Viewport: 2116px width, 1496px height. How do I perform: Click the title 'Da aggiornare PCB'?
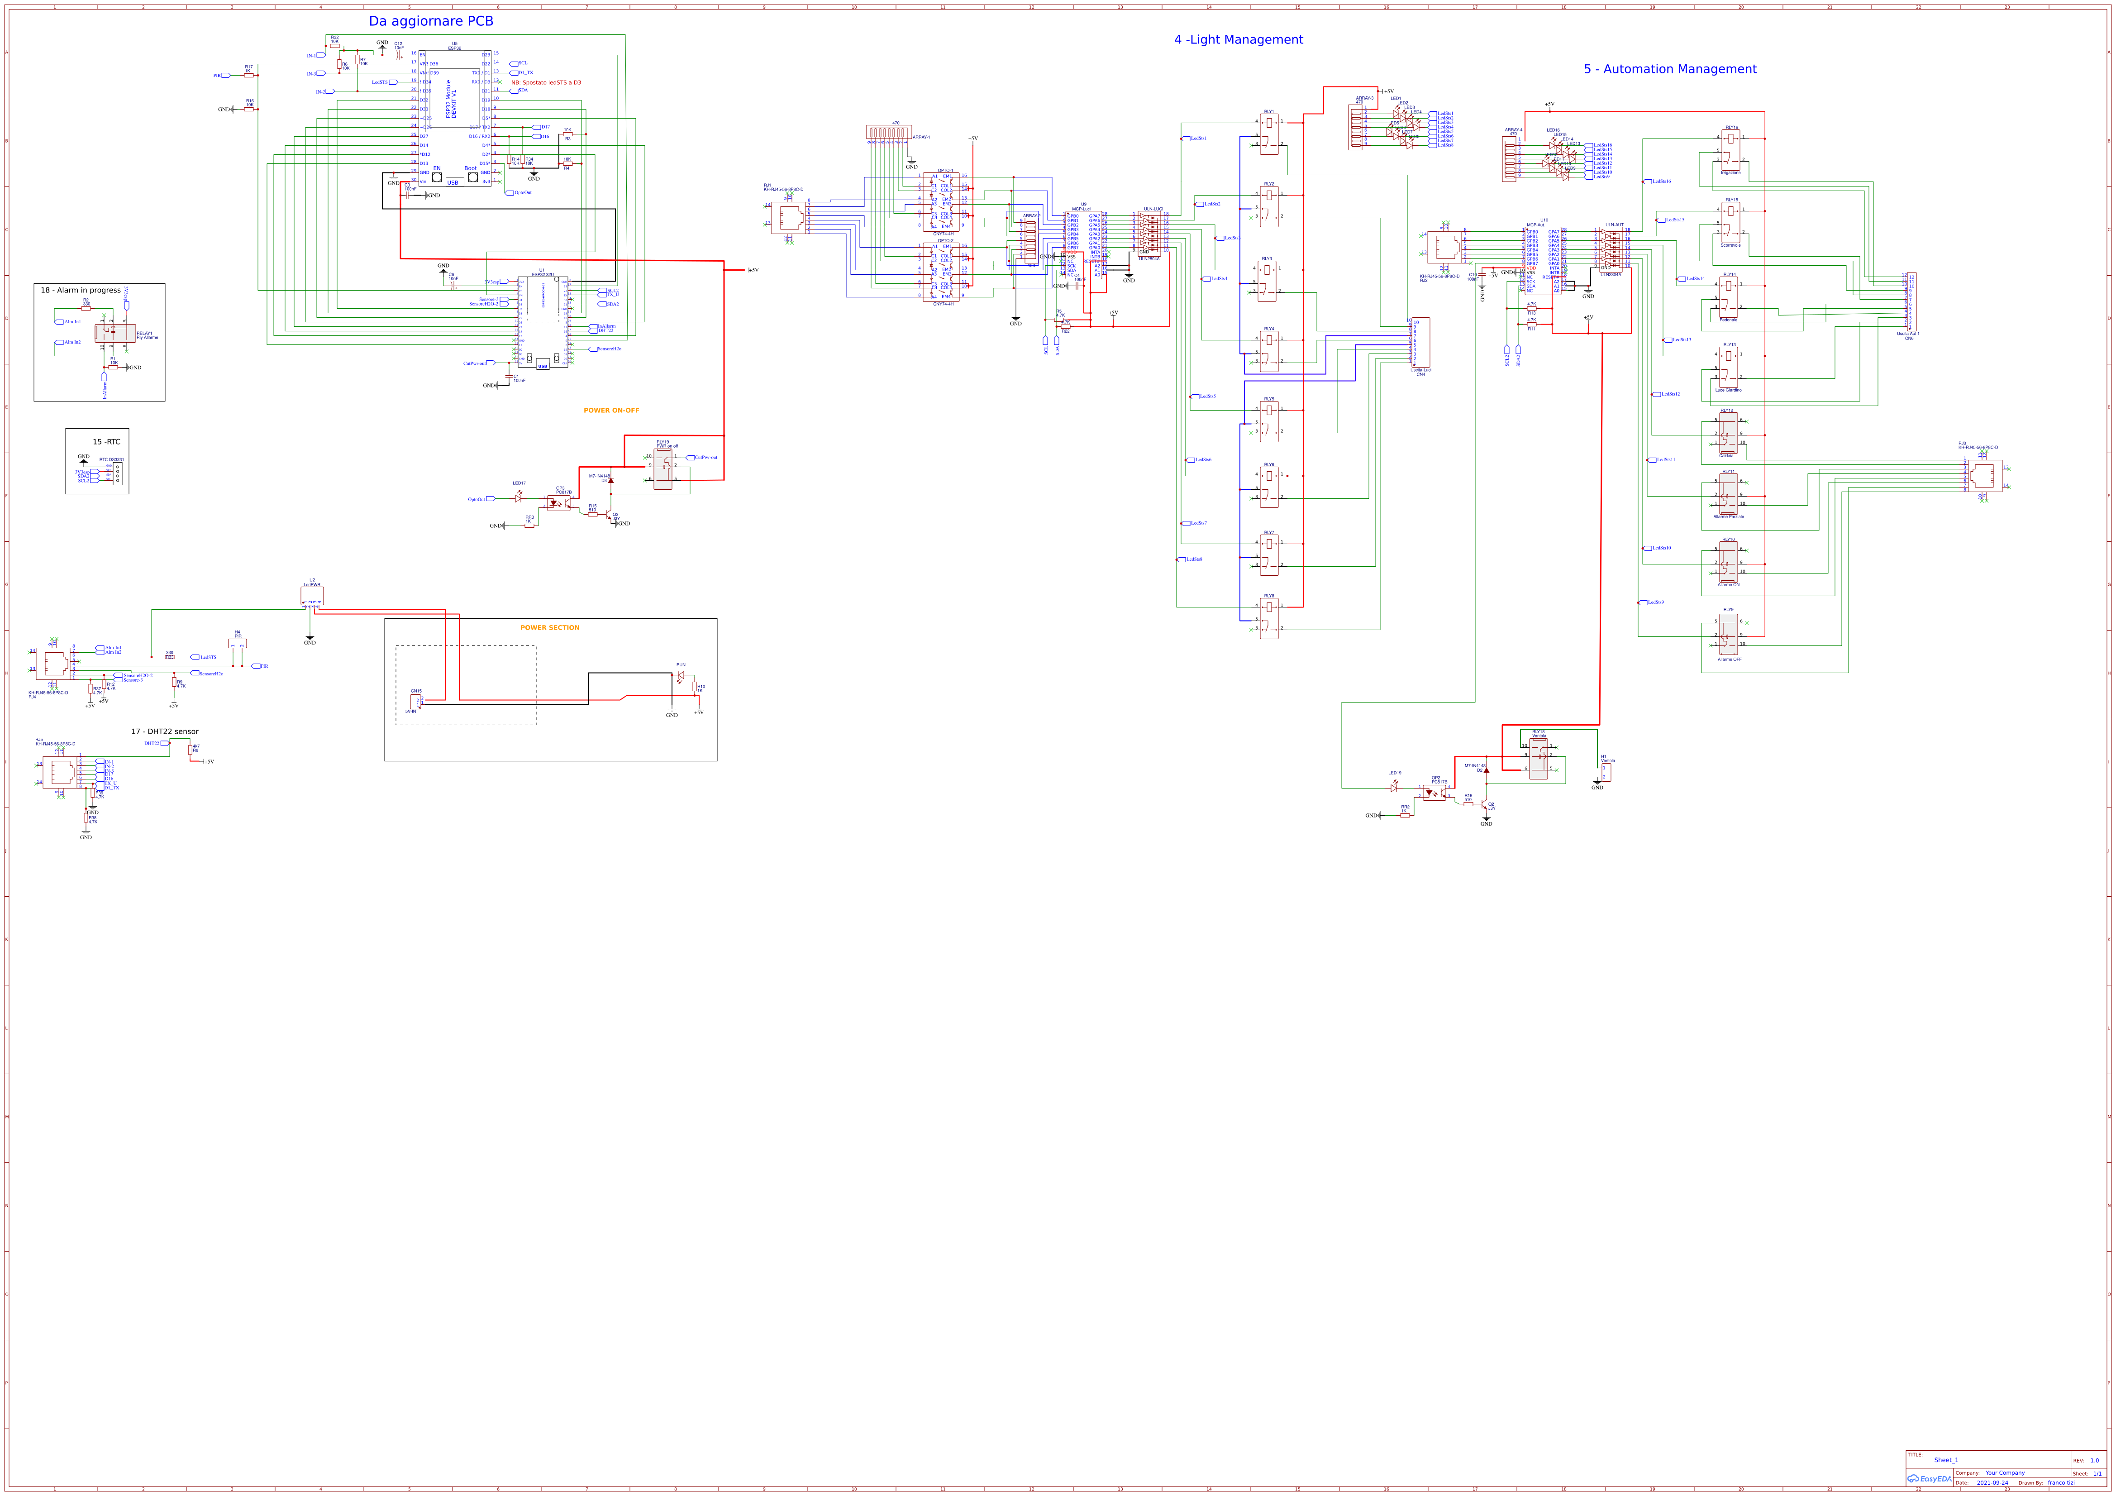pos(430,21)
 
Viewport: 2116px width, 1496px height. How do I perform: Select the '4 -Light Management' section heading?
pos(1238,40)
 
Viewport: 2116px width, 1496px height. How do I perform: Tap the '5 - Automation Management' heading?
pos(1670,69)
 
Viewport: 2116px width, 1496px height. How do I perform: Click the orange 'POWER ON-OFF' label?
pos(611,410)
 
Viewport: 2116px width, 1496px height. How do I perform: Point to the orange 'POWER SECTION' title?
pos(549,628)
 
